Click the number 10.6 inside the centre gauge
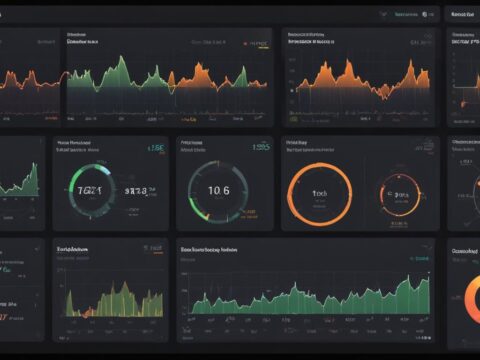218,189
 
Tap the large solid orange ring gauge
318,190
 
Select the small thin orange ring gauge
400,192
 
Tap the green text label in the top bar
407,15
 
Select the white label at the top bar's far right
462,15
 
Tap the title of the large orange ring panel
299,143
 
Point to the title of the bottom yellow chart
76,247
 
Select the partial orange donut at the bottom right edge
470,305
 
